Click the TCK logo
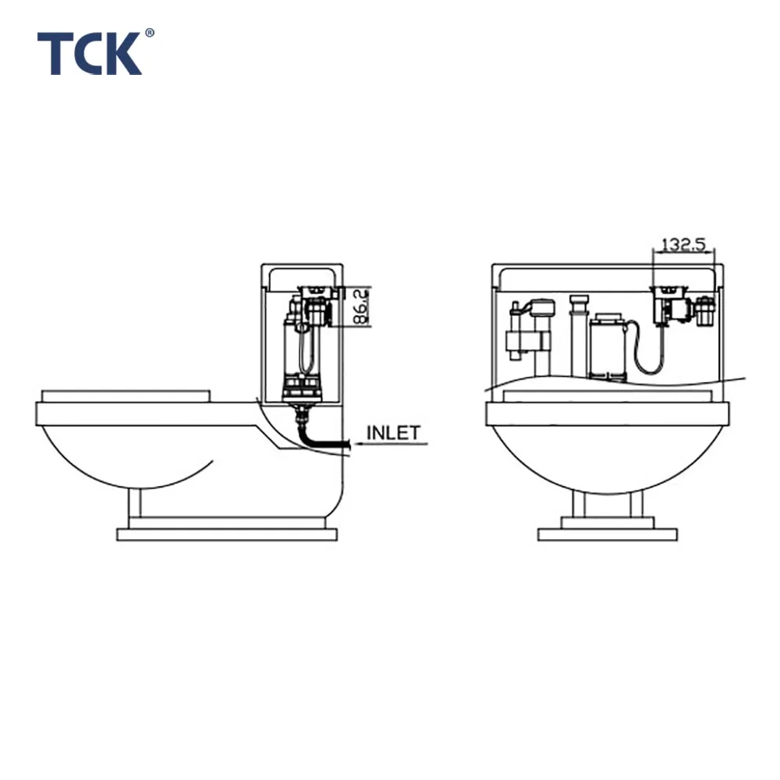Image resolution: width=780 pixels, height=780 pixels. click(x=90, y=53)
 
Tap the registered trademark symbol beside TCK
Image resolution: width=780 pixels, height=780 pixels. click(x=150, y=34)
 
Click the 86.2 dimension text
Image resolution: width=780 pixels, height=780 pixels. click(x=360, y=307)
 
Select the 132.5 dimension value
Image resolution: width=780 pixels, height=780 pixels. click(x=683, y=244)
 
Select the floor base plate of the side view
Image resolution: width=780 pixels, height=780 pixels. click(x=226, y=534)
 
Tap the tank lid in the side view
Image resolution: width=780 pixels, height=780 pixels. click(x=302, y=275)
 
